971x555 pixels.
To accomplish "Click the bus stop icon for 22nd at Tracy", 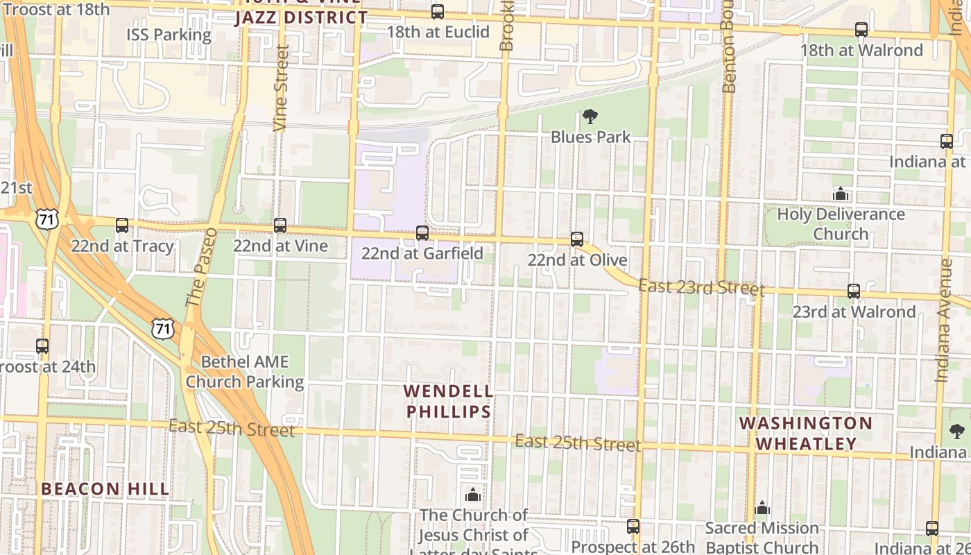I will pos(122,225).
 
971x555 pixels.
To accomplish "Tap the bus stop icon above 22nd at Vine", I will pos(280,225).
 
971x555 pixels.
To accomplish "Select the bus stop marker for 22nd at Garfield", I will pos(422,233).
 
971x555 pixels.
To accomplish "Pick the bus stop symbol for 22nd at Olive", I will pos(577,239).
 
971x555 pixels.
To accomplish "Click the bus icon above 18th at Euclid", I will pos(438,12).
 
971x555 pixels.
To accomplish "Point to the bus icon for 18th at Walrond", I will pos(861,30).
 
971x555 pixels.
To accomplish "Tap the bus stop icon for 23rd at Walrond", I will pos(854,291).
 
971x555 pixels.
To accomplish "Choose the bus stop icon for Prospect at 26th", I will pos(633,527).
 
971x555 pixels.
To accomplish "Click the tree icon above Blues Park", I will pos(590,117).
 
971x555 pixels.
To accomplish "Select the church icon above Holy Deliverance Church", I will pos(841,194).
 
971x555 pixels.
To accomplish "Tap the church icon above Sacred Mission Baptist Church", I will pos(762,509).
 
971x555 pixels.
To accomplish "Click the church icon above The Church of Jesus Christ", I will pos(473,495).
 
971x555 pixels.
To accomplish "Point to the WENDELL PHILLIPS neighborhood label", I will pos(449,402).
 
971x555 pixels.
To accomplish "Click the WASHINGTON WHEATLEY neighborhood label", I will pos(806,433).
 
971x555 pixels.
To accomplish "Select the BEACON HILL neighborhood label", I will pos(105,489).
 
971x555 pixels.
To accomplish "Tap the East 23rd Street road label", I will pos(701,287).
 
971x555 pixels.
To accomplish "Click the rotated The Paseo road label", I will pos(198,268).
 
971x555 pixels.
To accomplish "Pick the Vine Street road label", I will pos(281,88).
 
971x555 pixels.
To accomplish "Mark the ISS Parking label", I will pos(169,35).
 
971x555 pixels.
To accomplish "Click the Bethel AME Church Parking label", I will pos(245,372).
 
